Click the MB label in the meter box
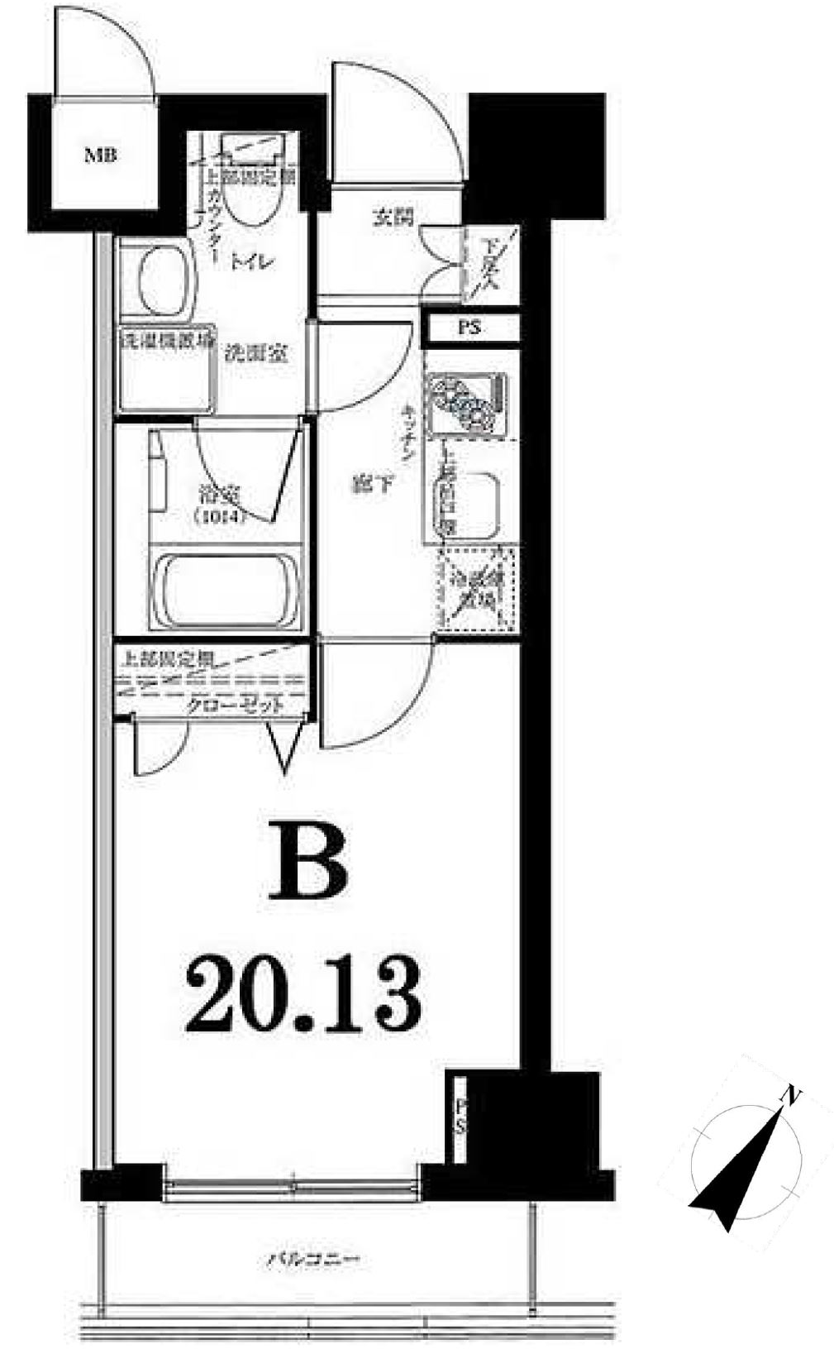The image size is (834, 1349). [103, 154]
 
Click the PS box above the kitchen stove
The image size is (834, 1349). [470, 328]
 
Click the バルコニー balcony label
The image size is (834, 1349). [312, 1261]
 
